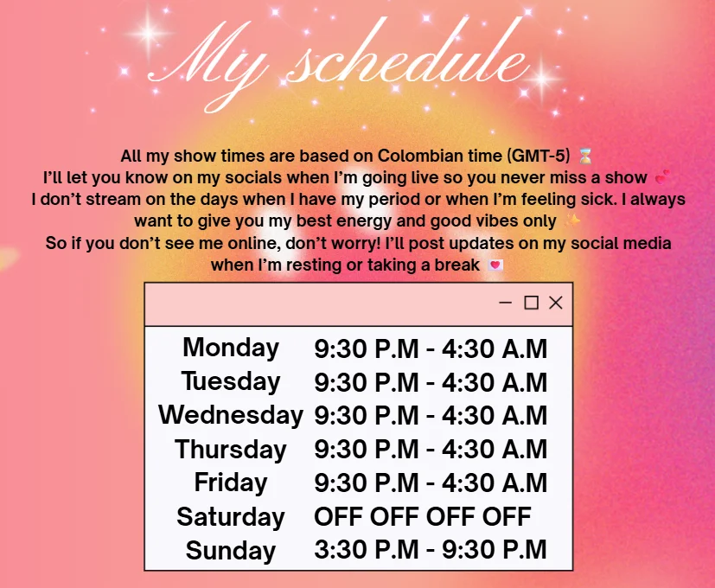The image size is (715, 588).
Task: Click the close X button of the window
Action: [x=555, y=303]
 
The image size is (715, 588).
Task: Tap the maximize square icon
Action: [x=531, y=303]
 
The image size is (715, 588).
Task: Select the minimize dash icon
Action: [x=505, y=303]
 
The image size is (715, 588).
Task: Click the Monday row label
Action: [x=231, y=348]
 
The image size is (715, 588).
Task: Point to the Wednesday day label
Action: [x=231, y=415]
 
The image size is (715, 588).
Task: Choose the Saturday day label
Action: [x=231, y=517]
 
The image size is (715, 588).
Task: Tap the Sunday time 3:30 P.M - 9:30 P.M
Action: [x=431, y=550]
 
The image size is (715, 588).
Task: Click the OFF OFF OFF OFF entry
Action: [x=423, y=516]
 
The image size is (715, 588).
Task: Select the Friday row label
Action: [x=231, y=483]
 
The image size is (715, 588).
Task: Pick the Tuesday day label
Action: [x=231, y=381]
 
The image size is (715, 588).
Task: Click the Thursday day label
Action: [x=231, y=450]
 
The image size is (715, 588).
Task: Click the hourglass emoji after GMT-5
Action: [x=585, y=156]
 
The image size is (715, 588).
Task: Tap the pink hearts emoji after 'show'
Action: [x=662, y=176]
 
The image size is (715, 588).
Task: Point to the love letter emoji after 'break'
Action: [x=495, y=265]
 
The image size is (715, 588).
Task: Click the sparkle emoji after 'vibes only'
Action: [x=572, y=220]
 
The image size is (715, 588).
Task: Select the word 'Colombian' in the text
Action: [x=421, y=156]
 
